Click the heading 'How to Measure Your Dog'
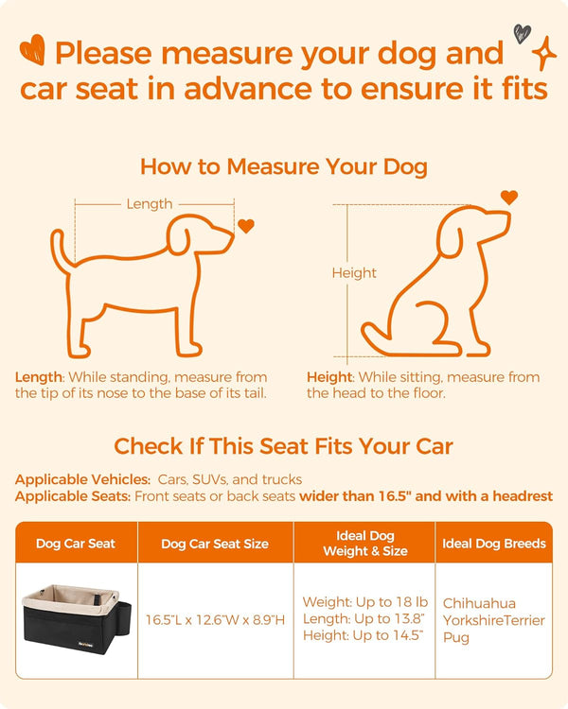point(283,167)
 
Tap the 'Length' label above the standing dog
point(149,203)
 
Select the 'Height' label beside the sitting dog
point(353,272)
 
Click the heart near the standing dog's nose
point(246,226)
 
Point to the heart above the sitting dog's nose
point(509,198)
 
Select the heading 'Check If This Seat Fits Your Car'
point(283,445)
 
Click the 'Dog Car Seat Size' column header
point(215,544)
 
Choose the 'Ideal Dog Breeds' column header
point(493,544)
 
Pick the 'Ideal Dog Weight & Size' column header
point(364,544)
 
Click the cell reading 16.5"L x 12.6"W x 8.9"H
point(215,619)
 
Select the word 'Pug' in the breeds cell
point(456,637)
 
